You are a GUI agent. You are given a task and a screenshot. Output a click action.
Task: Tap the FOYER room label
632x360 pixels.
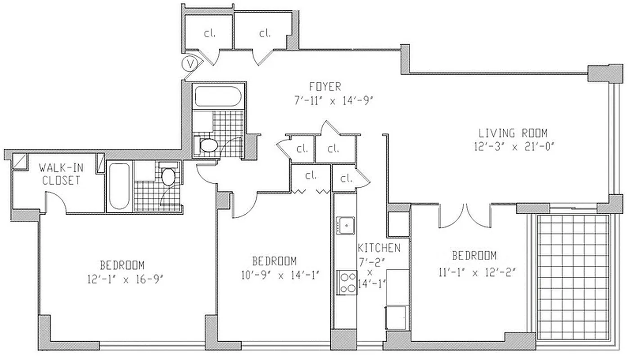click(325, 86)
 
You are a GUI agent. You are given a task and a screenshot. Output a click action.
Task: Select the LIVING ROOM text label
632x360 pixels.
click(513, 133)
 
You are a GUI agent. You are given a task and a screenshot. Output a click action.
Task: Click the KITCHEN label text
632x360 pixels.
click(379, 248)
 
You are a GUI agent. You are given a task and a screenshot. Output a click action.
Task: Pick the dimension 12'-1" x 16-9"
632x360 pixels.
click(124, 279)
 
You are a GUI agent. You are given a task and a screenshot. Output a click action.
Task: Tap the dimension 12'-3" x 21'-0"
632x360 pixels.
click(513, 146)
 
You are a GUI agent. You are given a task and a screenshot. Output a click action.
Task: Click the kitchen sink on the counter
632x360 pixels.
click(345, 225)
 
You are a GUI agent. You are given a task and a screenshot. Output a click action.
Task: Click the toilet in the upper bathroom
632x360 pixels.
click(207, 145)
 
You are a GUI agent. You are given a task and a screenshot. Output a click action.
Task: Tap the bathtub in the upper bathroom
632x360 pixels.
click(218, 96)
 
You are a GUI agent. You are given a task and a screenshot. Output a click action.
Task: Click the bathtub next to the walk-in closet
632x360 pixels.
click(119, 186)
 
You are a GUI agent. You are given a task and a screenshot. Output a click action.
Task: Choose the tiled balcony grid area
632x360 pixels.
click(573, 276)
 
